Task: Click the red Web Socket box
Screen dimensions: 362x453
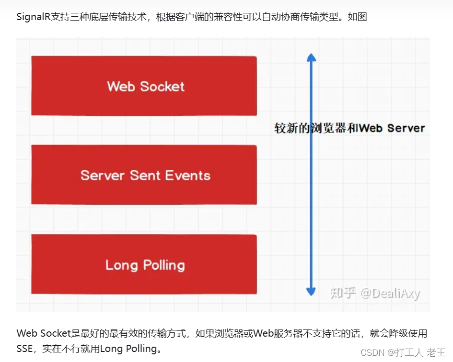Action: pos(144,86)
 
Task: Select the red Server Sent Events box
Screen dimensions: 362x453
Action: pos(144,175)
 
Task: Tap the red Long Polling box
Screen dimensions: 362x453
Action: pos(144,264)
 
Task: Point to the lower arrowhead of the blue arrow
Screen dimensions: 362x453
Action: pos(311,291)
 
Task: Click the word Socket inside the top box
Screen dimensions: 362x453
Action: pos(162,87)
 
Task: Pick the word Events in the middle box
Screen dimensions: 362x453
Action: pos(187,176)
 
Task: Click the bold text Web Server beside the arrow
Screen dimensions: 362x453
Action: pos(392,128)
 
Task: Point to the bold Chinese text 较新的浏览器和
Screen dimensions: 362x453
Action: pos(316,128)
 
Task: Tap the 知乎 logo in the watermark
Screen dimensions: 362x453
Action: pos(343,293)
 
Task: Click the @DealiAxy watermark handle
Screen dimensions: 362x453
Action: pos(390,293)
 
